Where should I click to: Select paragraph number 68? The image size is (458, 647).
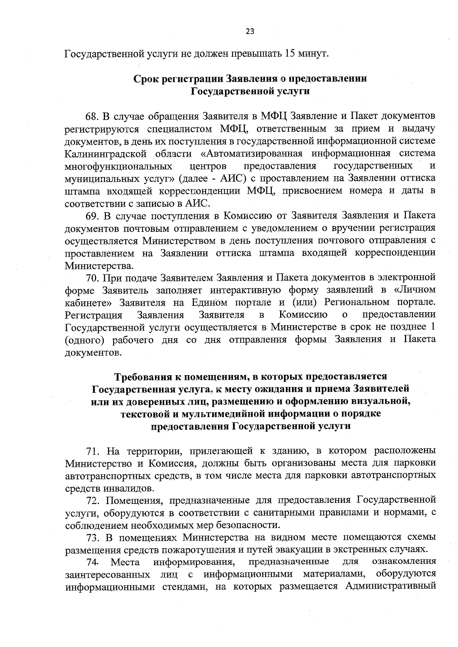point(92,115)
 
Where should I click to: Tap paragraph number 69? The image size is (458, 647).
point(92,215)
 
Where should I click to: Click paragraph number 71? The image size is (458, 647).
point(93,451)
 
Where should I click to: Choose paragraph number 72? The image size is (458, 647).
point(93,501)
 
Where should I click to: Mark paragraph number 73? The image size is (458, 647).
point(93,538)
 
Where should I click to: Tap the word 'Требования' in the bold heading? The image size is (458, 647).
point(144,377)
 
